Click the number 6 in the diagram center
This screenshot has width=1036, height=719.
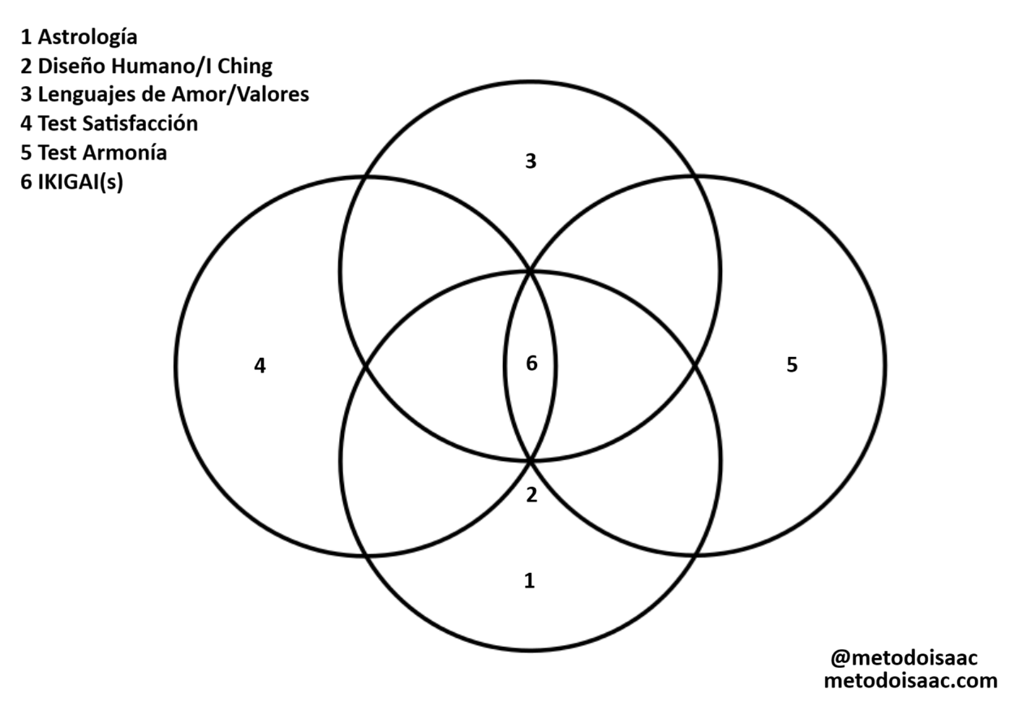pos(531,364)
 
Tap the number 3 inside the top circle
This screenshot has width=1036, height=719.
pos(531,161)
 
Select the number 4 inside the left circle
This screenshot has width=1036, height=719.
pos(260,366)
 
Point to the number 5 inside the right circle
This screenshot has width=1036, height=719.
pos(792,365)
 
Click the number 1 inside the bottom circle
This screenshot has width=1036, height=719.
pos(530,580)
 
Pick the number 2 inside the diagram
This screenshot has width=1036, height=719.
pos(531,494)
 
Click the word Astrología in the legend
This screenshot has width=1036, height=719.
pos(88,37)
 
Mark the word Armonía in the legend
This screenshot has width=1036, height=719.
pos(125,153)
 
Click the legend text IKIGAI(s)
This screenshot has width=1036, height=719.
pos(80,182)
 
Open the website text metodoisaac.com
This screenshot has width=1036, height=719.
pos(910,681)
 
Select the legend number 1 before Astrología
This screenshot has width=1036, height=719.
pos(27,37)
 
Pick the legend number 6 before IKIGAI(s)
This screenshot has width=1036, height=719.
pos(27,182)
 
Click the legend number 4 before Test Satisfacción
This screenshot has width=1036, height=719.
pos(27,124)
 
